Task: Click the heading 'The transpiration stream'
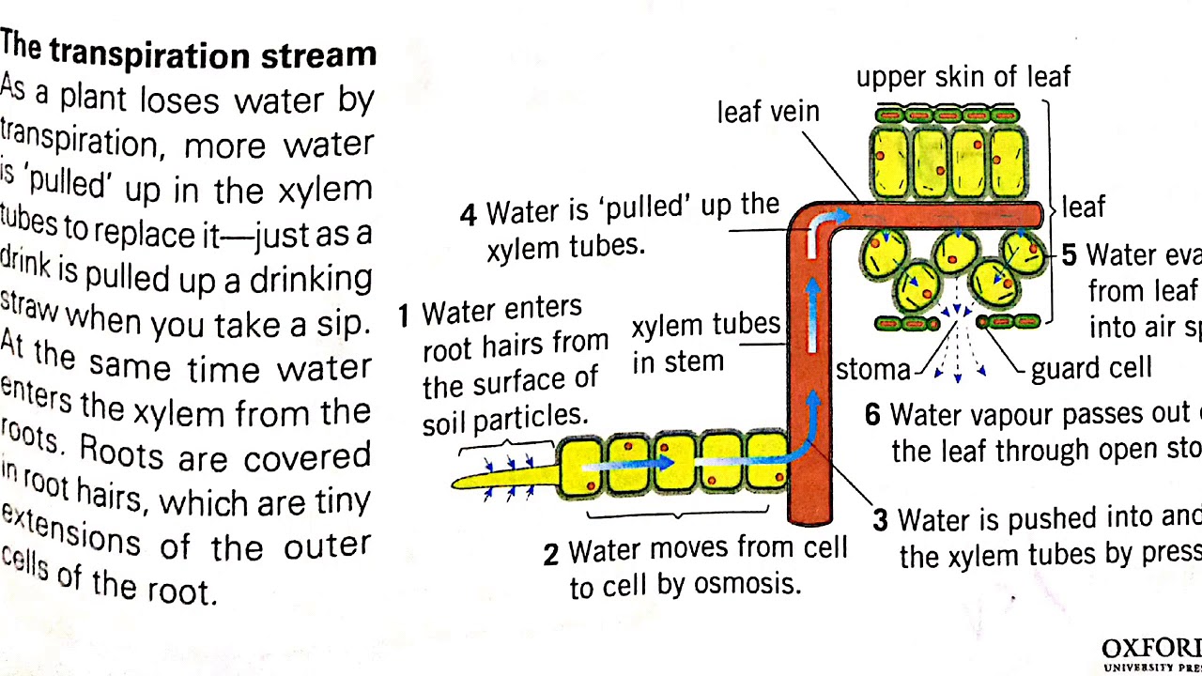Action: click(188, 51)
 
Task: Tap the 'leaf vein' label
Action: click(768, 112)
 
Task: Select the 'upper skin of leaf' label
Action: click(963, 77)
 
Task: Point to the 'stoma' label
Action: click(872, 370)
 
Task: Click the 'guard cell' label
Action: click(1091, 368)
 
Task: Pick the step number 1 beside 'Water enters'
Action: click(404, 316)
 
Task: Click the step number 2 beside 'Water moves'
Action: click(551, 555)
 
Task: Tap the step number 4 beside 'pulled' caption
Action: click(468, 215)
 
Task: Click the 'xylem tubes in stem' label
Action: click(704, 343)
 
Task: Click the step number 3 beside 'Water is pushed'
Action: click(880, 521)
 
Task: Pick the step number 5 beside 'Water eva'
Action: click(1069, 255)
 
